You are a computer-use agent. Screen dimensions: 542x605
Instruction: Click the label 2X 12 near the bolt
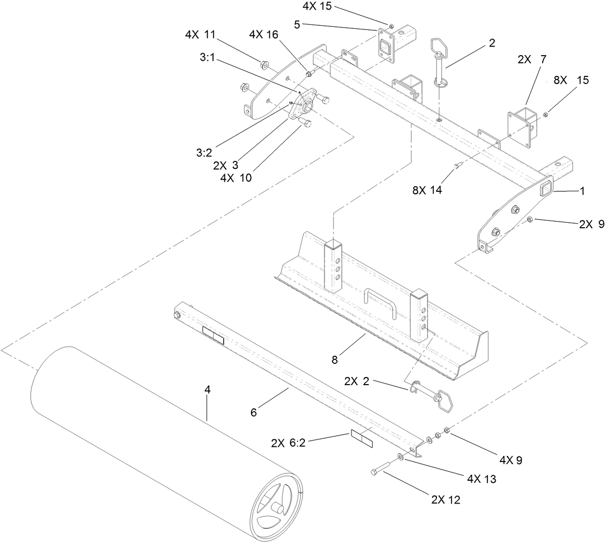click(446, 499)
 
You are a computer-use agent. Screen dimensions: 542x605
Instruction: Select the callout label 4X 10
click(236, 178)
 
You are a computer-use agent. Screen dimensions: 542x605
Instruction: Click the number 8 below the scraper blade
click(334, 360)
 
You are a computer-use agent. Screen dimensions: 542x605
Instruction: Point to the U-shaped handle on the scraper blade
click(380, 302)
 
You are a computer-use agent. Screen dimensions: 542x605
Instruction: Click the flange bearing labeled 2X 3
click(304, 103)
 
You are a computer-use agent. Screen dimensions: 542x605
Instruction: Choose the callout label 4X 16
click(263, 35)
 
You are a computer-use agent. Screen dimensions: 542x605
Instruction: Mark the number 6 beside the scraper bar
click(254, 412)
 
